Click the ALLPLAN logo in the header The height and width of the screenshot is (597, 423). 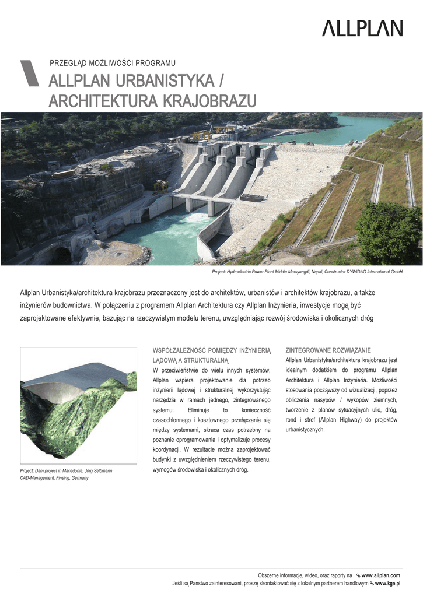click(x=362, y=28)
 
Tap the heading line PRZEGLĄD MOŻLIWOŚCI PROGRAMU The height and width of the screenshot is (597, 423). click(x=113, y=63)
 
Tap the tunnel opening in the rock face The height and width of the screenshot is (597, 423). click(x=61, y=254)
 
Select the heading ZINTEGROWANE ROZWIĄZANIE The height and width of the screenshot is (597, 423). click(x=328, y=350)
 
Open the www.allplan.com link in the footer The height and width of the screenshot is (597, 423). click(x=380, y=575)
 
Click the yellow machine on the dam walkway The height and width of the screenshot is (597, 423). click(x=161, y=185)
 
